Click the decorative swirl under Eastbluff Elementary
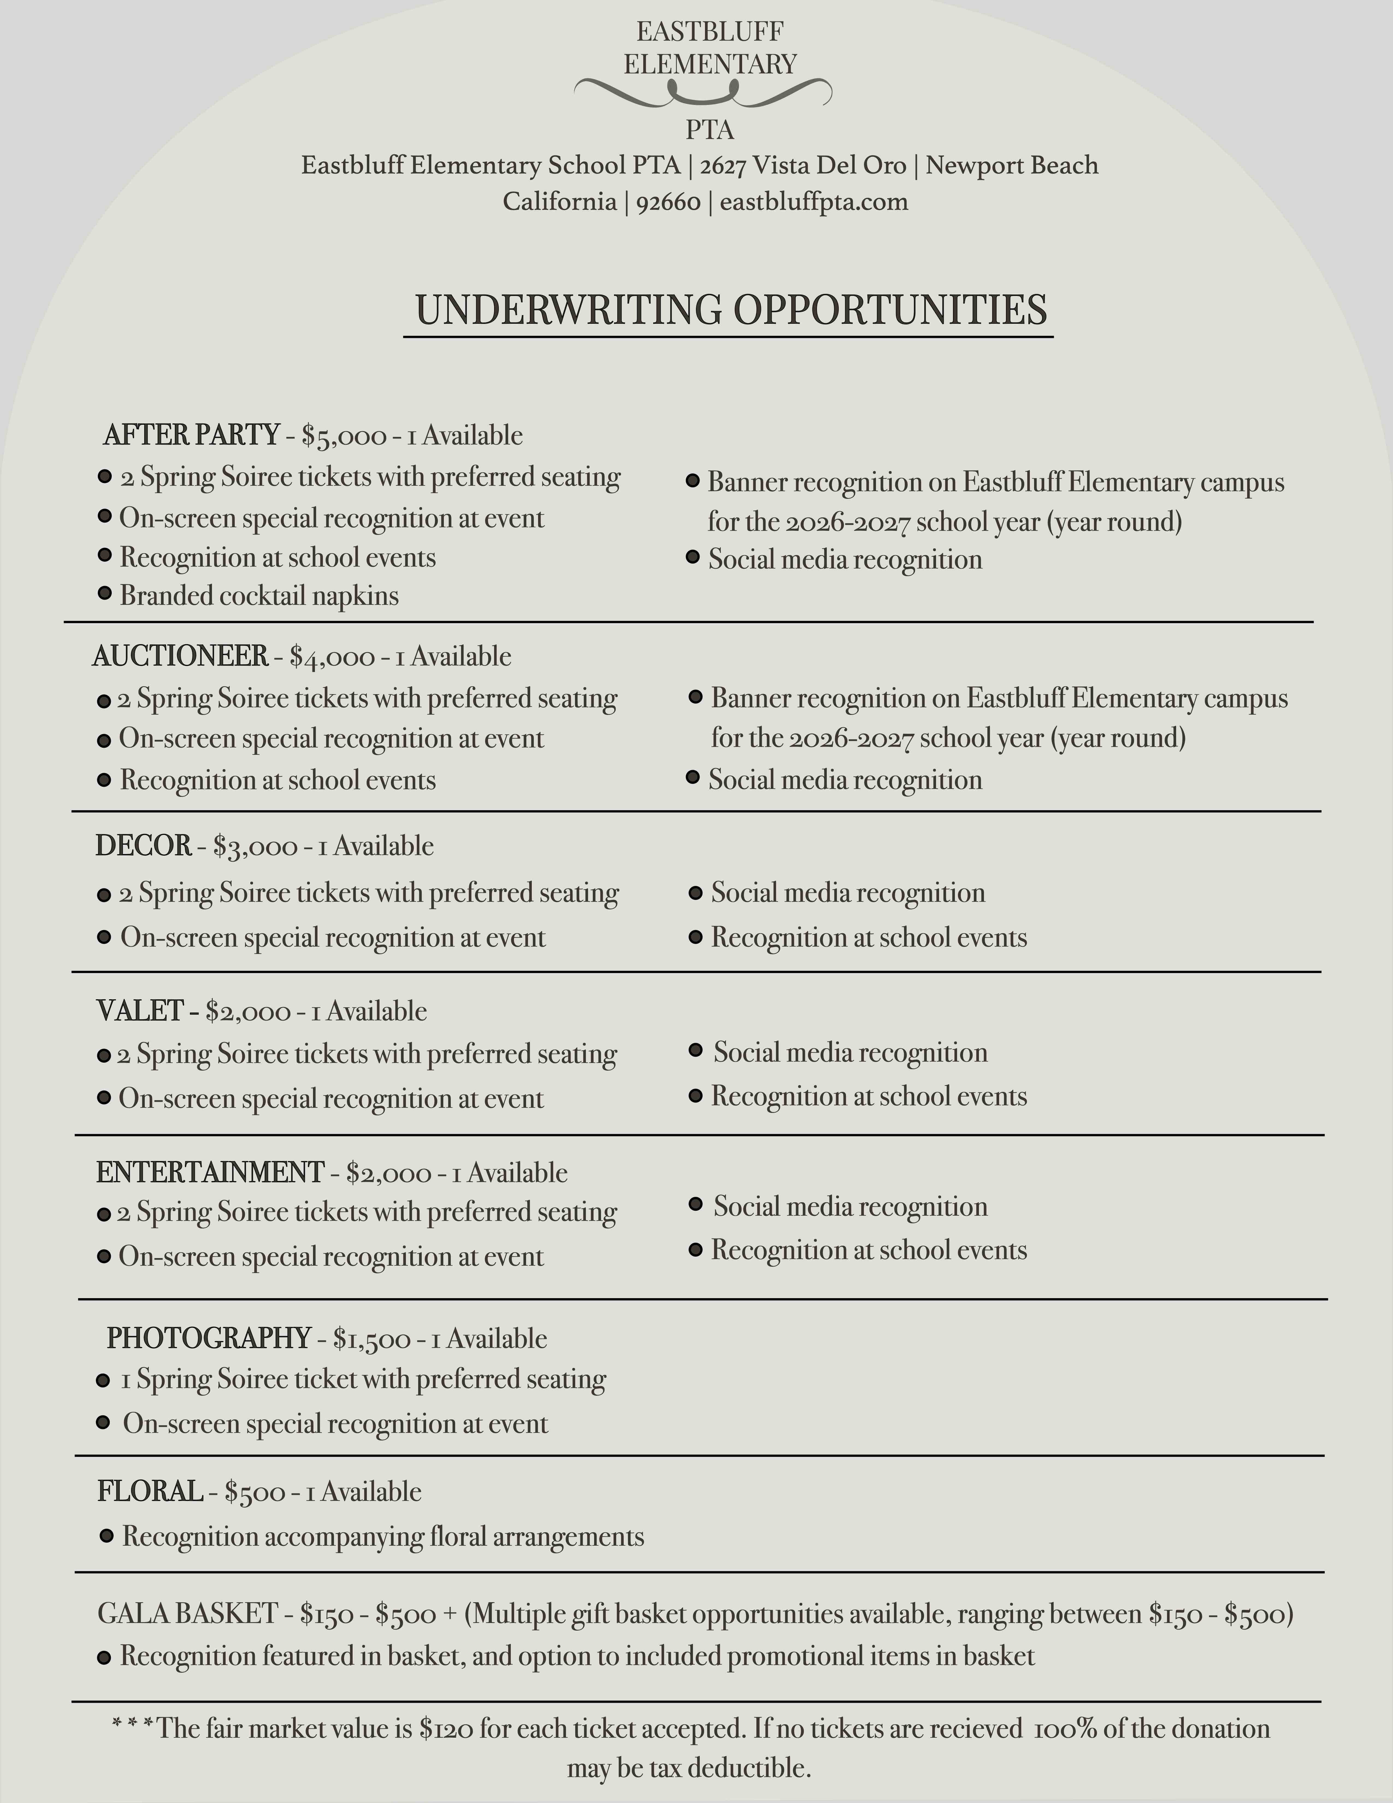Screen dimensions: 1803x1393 point(702,92)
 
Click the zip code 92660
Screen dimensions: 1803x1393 point(668,202)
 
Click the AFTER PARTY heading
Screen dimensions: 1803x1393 point(191,435)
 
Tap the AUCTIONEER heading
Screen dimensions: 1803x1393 point(180,656)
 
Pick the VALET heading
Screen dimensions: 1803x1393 point(140,1011)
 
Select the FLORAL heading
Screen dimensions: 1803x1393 point(149,1492)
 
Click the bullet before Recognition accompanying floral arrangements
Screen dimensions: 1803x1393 point(107,1536)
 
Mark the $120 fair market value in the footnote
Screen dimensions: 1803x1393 point(446,1729)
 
